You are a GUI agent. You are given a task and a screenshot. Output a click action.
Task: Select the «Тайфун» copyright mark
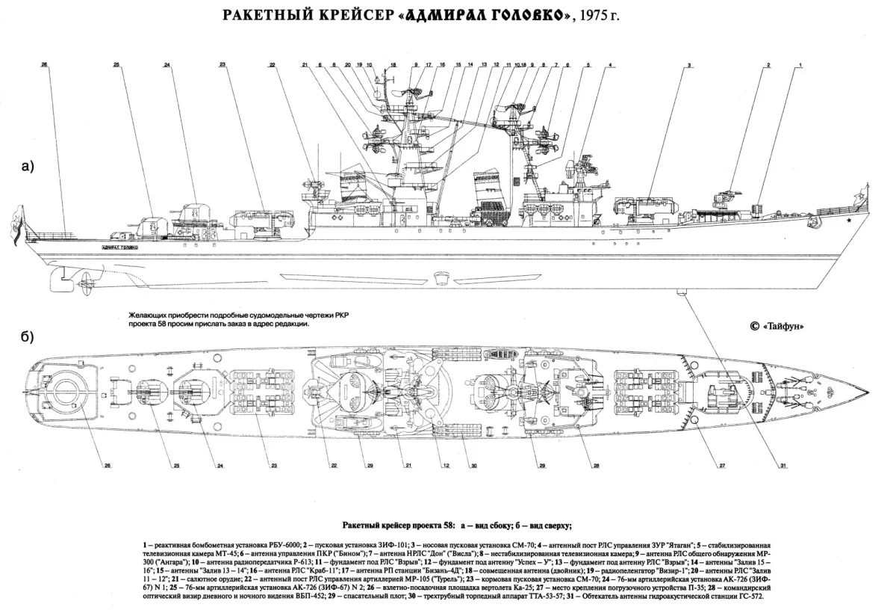click(x=791, y=326)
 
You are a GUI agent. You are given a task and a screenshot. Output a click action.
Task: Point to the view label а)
click(x=28, y=167)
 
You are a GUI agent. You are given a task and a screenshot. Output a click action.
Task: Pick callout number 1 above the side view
click(x=800, y=66)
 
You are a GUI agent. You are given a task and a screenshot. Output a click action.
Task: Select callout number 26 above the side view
click(x=45, y=66)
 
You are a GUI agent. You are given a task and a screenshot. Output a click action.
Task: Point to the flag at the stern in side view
click(x=16, y=222)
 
